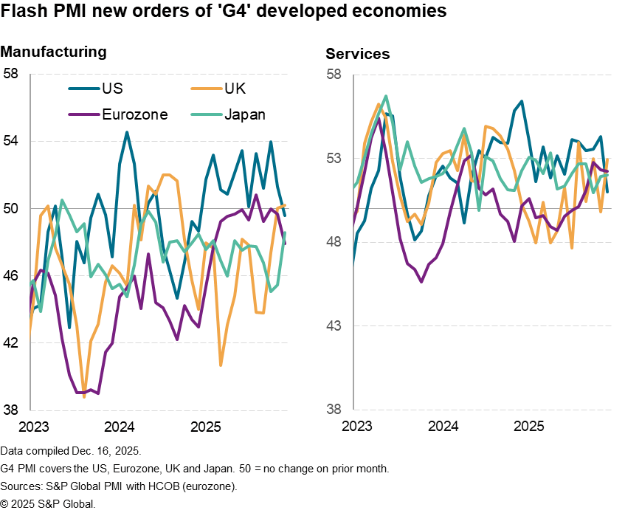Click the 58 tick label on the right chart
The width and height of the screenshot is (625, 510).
pyautogui.click(x=334, y=75)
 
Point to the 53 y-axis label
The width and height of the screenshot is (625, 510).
pyautogui.click(x=334, y=159)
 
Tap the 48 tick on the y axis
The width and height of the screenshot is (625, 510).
pyautogui.click(x=334, y=242)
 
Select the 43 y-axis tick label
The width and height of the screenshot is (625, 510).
pyautogui.click(x=334, y=325)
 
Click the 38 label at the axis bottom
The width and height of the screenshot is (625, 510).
pyautogui.click(x=334, y=409)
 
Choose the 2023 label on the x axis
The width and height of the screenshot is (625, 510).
pyautogui.click(x=357, y=427)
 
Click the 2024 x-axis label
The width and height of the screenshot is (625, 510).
pyautogui.click(x=443, y=427)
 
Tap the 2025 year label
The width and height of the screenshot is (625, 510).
pyautogui.click(x=528, y=427)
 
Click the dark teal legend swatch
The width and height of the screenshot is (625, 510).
pyautogui.click(x=84, y=89)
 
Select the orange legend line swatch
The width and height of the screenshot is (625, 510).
pyautogui.click(x=207, y=89)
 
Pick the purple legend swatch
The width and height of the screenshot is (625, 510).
pyautogui.click(x=84, y=114)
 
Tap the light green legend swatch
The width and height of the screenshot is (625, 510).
pyautogui.click(x=207, y=114)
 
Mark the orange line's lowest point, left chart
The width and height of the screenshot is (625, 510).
pyautogui.click(x=84, y=397)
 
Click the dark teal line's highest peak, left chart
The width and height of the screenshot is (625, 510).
pyautogui.click(x=127, y=132)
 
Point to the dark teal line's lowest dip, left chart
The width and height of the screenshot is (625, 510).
pyautogui.click(x=69, y=327)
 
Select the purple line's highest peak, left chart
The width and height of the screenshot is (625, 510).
pyautogui.click(x=256, y=195)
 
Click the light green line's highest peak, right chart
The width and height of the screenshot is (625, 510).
pyautogui.click(x=386, y=96)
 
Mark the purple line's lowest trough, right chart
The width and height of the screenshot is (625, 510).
pyautogui.click(x=421, y=281)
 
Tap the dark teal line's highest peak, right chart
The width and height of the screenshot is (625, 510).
pyautogui.click(x=522, y=101)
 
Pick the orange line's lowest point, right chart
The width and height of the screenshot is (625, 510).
pyautogui.click(x=572, y=248)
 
